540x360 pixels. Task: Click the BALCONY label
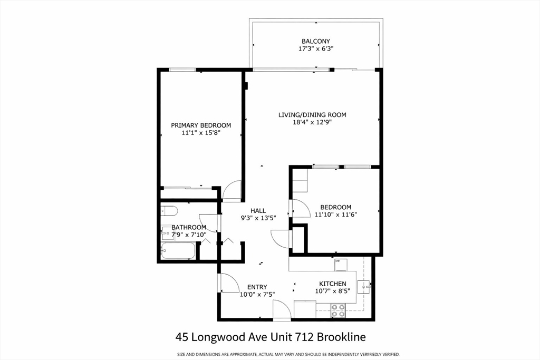click(316, 41)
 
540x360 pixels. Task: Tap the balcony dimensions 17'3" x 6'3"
click(316, 48)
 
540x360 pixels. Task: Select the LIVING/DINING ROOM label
click(312, 115)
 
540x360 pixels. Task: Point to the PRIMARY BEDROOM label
click(201, 125)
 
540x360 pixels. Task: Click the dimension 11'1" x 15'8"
click(201, 133)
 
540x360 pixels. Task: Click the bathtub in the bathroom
click(178, 251)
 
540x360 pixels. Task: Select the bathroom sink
click(165, 232)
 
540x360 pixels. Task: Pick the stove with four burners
click(337, 310)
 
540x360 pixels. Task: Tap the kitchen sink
click(363, 287)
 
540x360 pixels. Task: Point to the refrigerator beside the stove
click(305, 309)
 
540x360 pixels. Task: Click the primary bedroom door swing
click(232, 191)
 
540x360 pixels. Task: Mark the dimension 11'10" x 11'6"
click(332, 215)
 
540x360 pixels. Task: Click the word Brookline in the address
click(341, 336)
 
